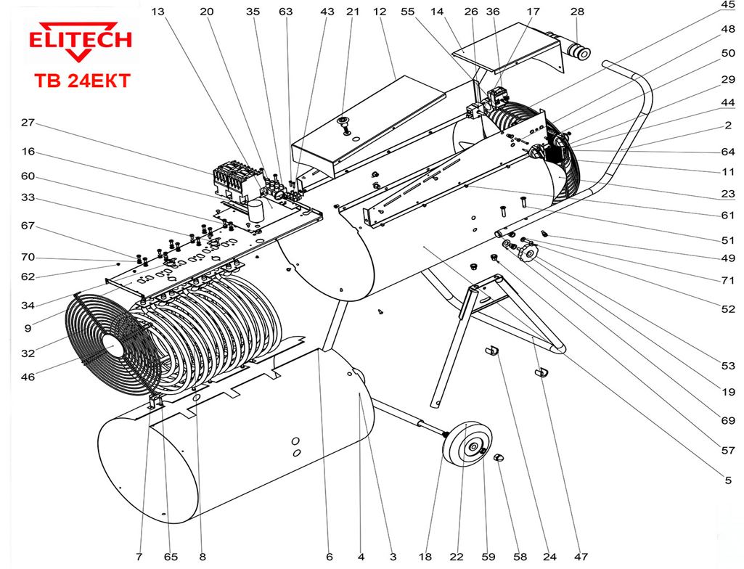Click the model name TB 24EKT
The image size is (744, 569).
tap(81, 81)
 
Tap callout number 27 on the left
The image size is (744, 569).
tap(28, 123)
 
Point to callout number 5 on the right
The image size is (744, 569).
tap(728, 480)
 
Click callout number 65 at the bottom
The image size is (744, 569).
tap(171, 557)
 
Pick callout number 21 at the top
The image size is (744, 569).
tap(353, 12)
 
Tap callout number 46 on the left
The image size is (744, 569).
tap(28, 377)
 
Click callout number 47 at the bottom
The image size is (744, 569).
tap(580, 557)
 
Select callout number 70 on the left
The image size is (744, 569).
tap(28, 258)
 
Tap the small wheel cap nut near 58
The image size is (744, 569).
tap(499, 459)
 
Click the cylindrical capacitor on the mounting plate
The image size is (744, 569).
tap(256, 210)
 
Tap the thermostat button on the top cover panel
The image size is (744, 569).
tap(346, 121)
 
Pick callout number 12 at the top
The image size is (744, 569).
tap(380, 12)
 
